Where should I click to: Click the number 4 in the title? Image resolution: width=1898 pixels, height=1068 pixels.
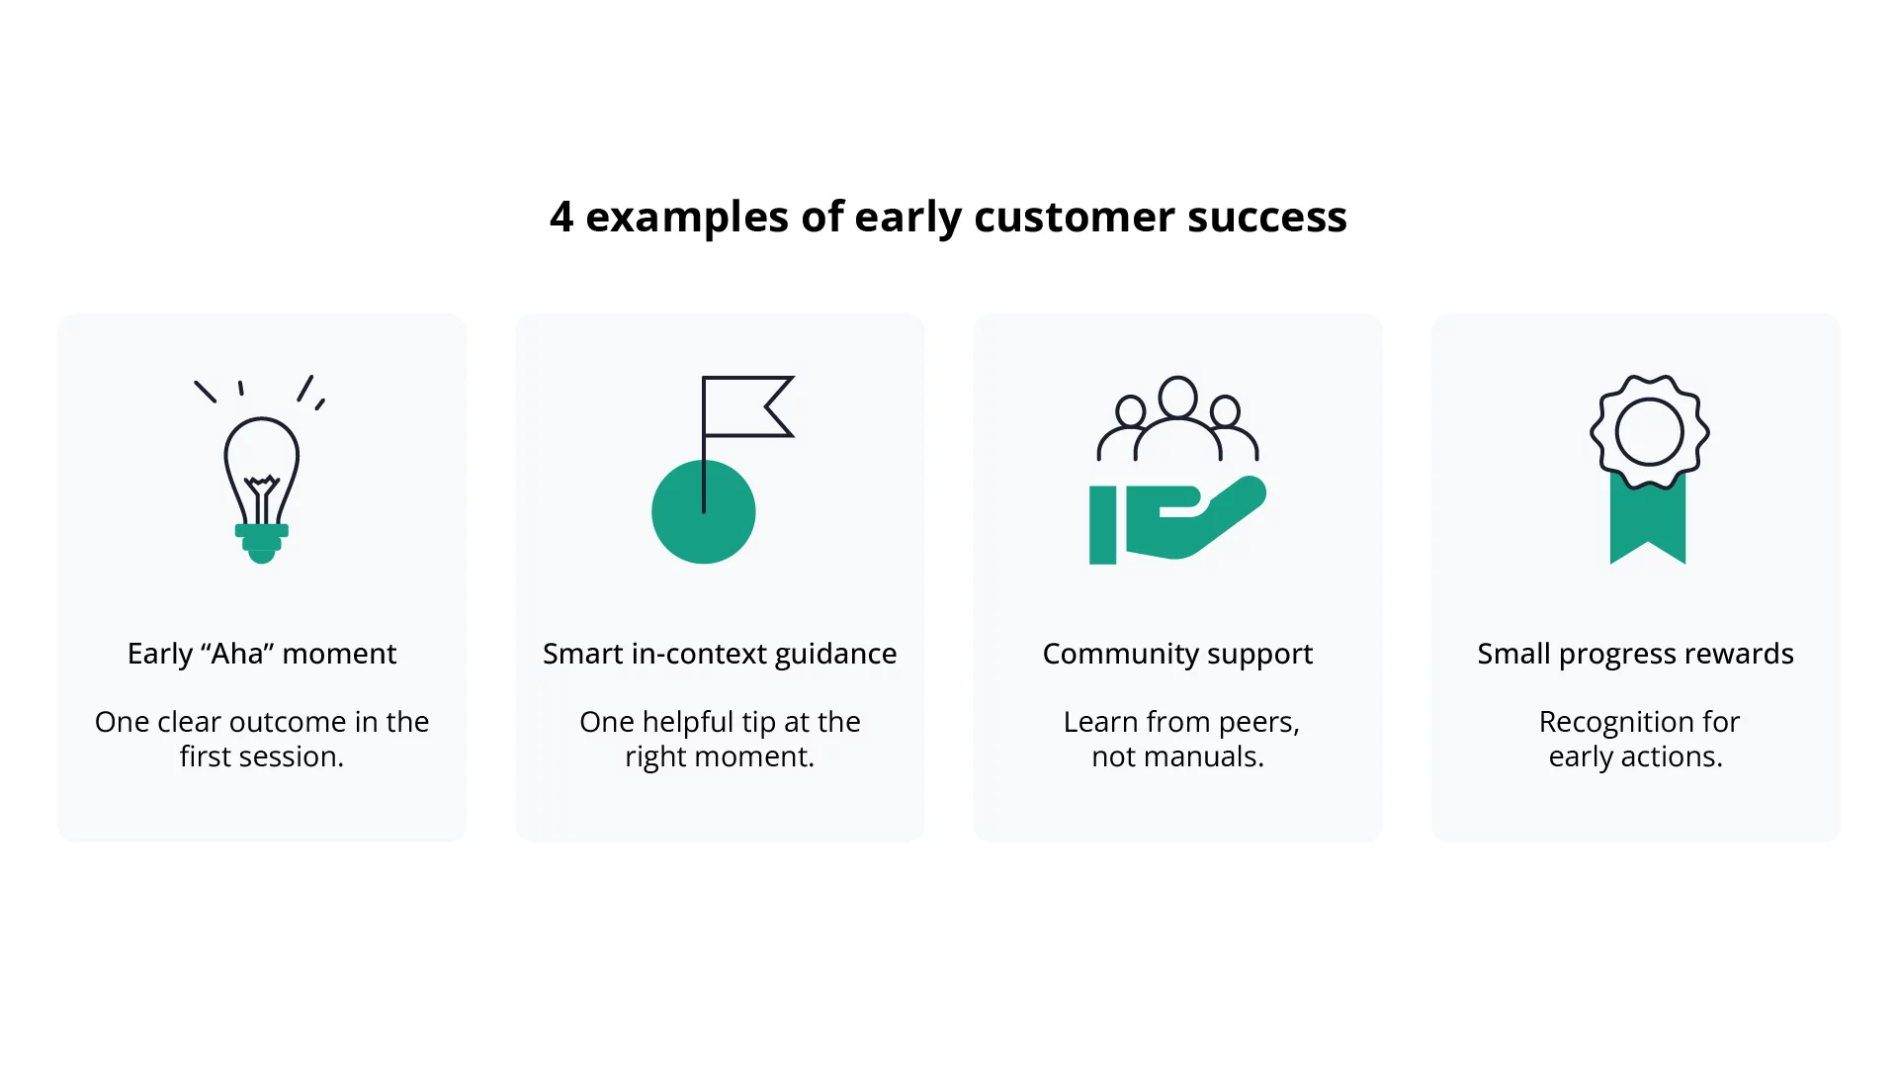(x=561, y=217)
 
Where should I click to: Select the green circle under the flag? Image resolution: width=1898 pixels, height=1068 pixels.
(x=703, y=524)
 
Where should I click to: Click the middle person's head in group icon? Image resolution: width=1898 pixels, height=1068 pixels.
(x=1177, y=398)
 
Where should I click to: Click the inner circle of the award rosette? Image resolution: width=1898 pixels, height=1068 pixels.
(x=1649, y=432)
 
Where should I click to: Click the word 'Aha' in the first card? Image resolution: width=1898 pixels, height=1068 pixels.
(x=238, y=654)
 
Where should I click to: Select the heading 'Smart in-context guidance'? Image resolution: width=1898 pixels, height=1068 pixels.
(x=720, y=654)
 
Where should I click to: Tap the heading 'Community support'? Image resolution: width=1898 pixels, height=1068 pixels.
(x=1177, y=654)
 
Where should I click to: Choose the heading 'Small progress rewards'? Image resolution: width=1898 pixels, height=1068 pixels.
(x=1635, y=654)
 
